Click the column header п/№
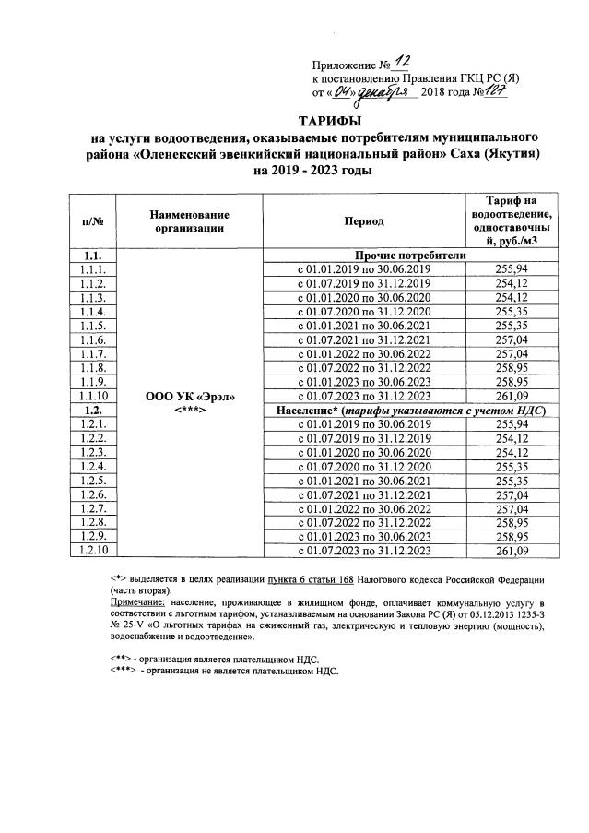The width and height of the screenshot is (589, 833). click(91, 221)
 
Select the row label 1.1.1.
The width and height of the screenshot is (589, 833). click(91, 268)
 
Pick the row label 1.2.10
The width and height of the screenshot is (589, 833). click(91, 551)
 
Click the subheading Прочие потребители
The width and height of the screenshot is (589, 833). click(406, 255)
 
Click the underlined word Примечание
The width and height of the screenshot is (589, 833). click(135, 601)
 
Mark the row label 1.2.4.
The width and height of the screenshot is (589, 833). click(91, 466)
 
